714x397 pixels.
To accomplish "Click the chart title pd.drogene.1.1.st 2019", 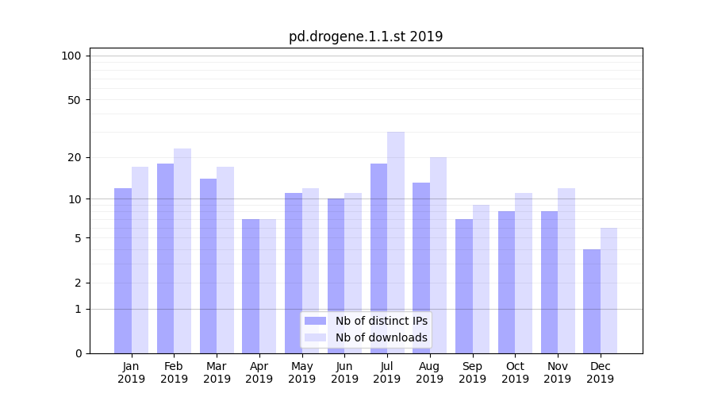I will click(365, 37).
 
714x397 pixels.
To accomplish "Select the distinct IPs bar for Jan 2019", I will click(123, 270).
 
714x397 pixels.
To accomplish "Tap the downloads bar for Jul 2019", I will click(396, 242).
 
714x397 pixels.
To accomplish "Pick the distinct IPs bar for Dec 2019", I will click(592, 301).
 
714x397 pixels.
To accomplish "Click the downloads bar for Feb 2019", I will click(182, 250).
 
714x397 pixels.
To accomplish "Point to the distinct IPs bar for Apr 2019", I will click(251, 286).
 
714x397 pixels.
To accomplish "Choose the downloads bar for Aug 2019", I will click(439, 254).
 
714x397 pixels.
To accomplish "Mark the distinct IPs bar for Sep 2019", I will click(464, 286).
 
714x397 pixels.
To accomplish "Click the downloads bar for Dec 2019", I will click(608, 290).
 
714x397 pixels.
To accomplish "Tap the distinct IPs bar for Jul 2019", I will click(378, 258).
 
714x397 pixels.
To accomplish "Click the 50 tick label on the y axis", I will click(75, 100).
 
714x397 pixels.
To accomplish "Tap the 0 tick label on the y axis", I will click(78, 353).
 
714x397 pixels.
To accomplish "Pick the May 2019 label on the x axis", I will click(301, 372).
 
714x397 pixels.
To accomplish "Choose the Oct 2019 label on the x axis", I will click(515, 372).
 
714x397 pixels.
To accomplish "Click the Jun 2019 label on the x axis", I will click(344, 372).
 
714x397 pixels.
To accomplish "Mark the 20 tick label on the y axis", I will click(75, 157).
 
